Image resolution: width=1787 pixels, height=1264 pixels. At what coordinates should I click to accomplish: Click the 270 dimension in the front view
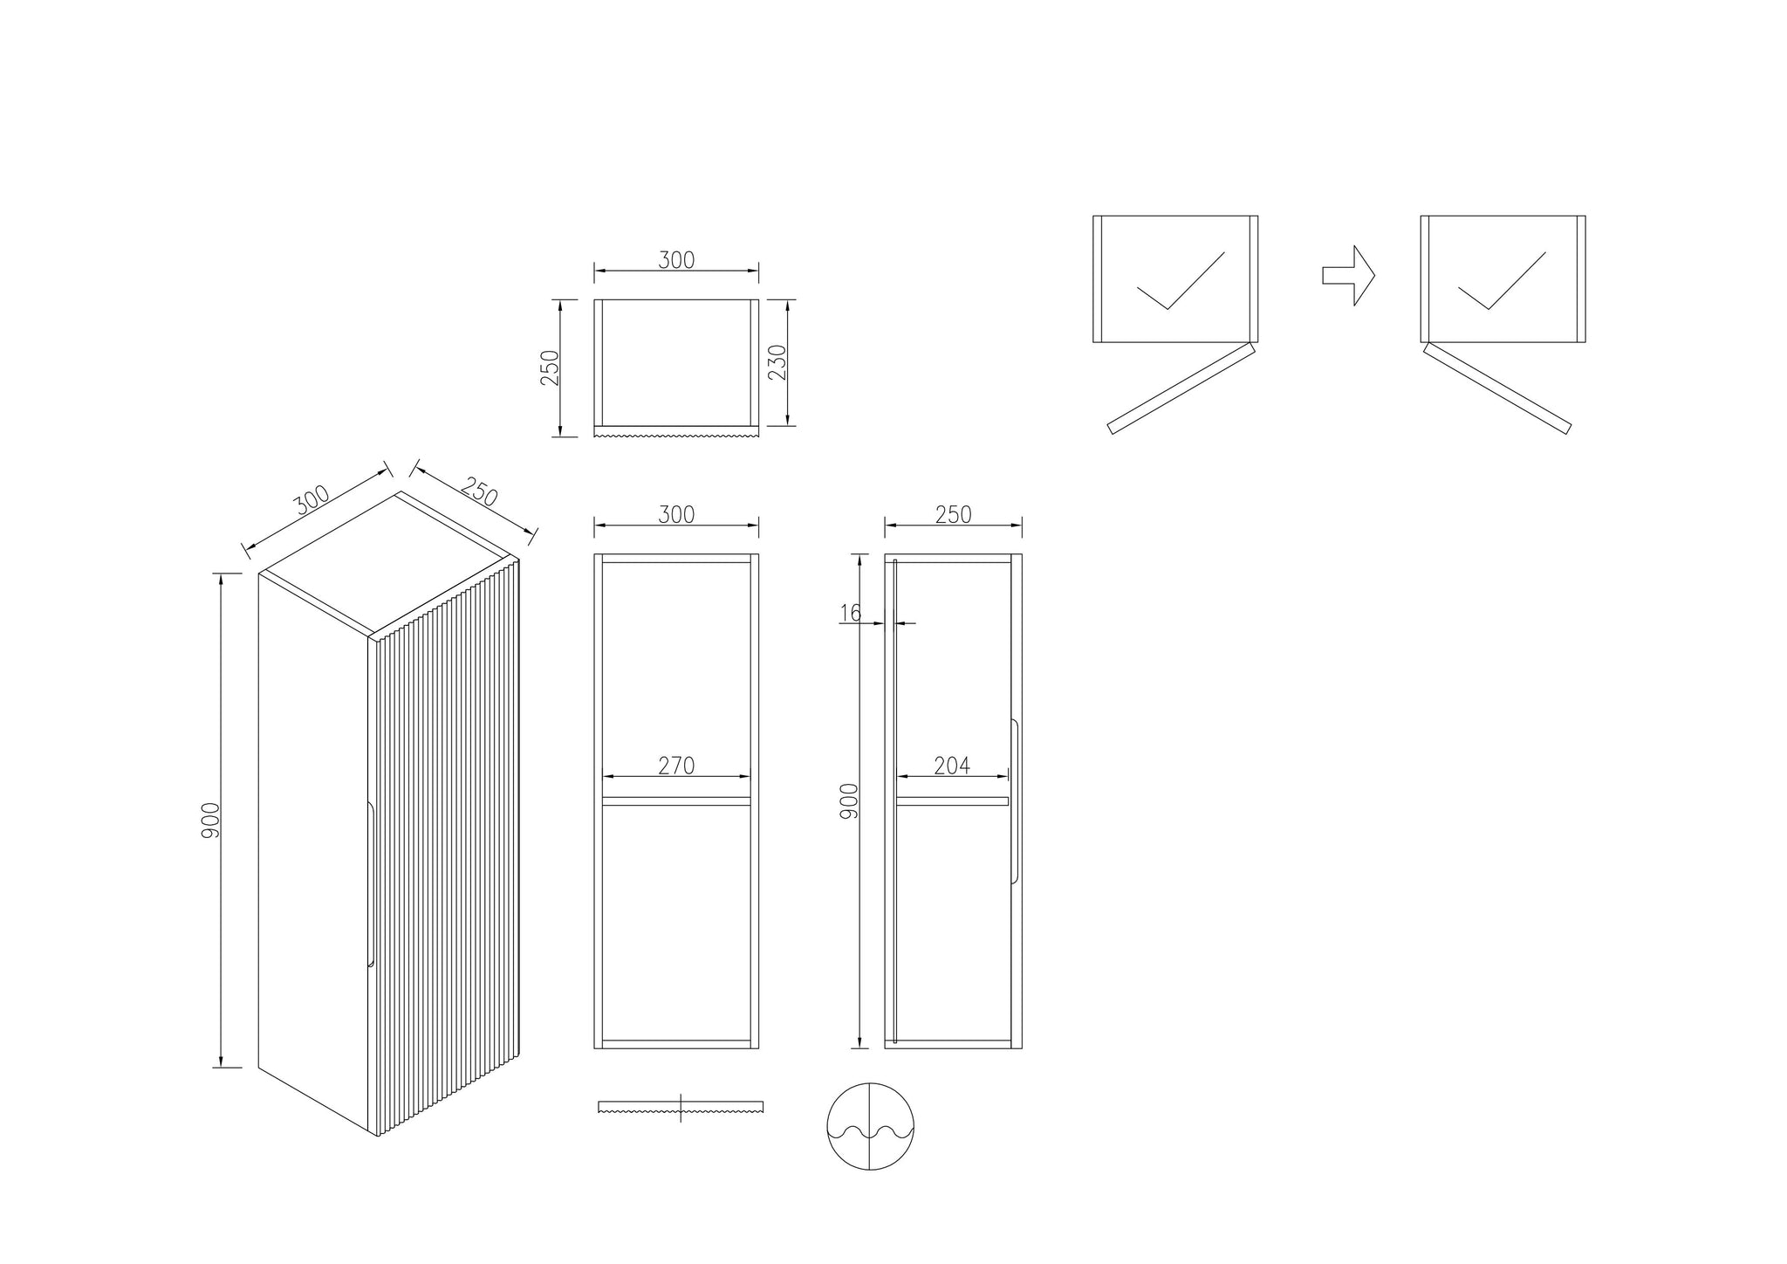(x=676, y=766)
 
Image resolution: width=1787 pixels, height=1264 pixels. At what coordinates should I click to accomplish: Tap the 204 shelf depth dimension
(x=952, y=766)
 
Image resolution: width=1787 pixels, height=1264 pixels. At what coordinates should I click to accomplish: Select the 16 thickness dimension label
(x=850, y=613)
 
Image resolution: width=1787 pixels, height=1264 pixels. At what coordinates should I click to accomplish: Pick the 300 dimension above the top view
(x=676, y=260)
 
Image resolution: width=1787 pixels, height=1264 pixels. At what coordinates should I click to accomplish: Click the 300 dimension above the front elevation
(x=676, y=515)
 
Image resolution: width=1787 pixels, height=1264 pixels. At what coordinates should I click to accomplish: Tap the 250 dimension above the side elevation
(x=953, y=515)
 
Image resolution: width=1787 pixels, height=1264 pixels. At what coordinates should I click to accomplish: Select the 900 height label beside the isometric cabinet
(x=210, y=821)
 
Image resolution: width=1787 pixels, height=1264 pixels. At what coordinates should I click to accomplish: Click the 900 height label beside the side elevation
(x=849, y=801)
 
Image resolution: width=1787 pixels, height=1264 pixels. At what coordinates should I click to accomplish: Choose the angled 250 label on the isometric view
(x=478, y=491)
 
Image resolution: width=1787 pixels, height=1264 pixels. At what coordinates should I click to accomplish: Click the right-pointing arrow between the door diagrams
(x=1348, y=276)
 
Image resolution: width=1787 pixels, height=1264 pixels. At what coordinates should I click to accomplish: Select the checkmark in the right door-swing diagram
(x=1502, y=280)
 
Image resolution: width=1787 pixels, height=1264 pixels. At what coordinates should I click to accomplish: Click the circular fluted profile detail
(x=871, y=1126)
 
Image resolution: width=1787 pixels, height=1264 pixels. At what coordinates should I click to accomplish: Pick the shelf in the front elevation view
(x=676, y=800)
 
